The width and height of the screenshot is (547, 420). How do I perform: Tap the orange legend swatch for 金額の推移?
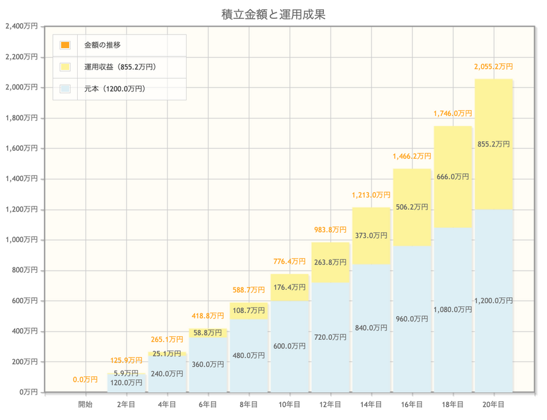[x=65, y=45]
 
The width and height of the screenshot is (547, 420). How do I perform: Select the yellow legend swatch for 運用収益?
[x=65, y=67]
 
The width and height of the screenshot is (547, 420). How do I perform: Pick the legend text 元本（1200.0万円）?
[x=114, y=89]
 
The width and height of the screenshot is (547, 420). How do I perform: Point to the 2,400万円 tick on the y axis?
[x=21, y=26]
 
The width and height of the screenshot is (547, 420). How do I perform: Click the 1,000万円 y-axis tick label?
[x=21, y=240]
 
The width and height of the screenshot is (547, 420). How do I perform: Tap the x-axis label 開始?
[x=85, y=404]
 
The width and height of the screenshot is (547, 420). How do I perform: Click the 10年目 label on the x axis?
[x=289, y=404]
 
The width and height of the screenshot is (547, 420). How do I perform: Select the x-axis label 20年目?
[x=494, y=404]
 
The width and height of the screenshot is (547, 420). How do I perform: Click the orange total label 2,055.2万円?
[x=493, y=67]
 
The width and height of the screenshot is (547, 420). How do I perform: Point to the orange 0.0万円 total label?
[x=85, y=380]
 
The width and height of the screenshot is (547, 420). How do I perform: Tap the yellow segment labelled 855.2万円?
[x=494, y=144]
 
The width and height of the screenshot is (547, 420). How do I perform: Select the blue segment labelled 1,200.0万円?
[x=494, y=301]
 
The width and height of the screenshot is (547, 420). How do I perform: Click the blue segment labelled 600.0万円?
[x=289, y=346]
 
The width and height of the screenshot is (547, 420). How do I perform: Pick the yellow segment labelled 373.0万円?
[x=371, y=235]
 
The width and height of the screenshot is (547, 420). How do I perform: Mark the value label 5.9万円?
[x=126, y=373]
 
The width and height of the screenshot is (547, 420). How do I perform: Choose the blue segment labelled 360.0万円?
[x=208, y=365]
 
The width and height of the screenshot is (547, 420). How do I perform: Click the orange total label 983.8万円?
[x=330, y=230]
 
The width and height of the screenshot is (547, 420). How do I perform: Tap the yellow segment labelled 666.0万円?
[x=453, y=177]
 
